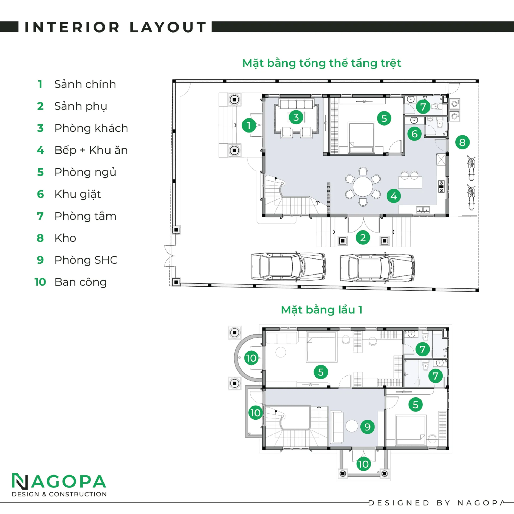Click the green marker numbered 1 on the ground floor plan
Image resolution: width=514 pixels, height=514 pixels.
click(x=249, y=125)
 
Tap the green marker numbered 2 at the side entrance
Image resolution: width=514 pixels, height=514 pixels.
click(x=363, y=237)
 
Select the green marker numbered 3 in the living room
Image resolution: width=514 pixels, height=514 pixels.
click(x=296, y=117)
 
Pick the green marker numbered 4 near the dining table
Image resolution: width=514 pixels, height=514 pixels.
click(x=394, y=196)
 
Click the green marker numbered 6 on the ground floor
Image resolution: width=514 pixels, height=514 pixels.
click(x=414, y=134)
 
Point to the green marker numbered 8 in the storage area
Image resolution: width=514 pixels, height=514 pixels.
click(x=462, y=142)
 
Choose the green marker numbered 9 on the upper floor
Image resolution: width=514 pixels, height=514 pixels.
click(x=367, y=427)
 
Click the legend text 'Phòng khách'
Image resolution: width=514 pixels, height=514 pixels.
click(x=91, y=128)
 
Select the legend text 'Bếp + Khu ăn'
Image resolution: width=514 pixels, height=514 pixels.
click(x=91, y=150)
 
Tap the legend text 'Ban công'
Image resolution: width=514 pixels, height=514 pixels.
click(x=81, y=282)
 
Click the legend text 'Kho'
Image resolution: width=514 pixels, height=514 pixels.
click(x=65, y=238)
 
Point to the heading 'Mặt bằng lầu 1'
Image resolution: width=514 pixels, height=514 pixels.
click(x=322, y=310)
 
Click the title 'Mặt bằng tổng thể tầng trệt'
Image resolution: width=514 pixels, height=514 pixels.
click(x=322, y=63)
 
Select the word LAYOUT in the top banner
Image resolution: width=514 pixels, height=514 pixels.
click(x=168, y=27)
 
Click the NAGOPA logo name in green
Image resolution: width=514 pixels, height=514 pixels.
click(x=59, y=481)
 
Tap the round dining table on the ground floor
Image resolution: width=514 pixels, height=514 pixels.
click(x=363, y=187)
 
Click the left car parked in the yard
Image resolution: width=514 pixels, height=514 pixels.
click(x=288, y=267)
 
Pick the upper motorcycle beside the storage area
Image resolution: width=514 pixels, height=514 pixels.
click(x=471, y=168)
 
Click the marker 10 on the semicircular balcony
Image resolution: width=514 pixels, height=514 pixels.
click(x=251, y=358)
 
